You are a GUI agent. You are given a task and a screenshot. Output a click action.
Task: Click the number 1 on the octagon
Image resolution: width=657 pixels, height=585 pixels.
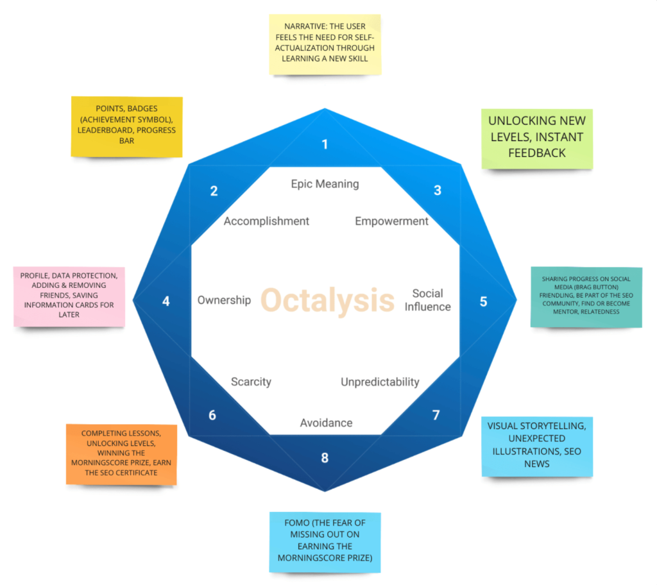click(325, 144)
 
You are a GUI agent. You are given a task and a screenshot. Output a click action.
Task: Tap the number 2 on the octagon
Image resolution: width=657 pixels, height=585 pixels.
click(214, 191)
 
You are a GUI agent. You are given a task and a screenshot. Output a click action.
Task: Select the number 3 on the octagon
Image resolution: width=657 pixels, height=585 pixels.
click(438, 190)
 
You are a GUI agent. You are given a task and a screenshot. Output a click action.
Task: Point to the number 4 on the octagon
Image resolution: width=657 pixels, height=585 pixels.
click(166, 300)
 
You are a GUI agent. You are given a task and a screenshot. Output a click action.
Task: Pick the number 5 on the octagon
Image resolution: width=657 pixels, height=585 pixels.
click(484, 301)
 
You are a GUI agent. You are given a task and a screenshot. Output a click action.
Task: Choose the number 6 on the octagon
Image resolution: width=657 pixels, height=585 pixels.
click(212, 415)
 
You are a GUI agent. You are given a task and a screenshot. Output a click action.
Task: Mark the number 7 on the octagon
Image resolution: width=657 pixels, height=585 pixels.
click(436, 415)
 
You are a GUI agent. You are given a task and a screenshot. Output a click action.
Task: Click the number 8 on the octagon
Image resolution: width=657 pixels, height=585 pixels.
click(325, 457)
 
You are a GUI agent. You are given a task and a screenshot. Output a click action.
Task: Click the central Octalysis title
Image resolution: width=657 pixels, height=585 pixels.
click(327, 300)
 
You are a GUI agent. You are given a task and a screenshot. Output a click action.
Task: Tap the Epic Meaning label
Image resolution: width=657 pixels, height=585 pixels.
click(325, 184)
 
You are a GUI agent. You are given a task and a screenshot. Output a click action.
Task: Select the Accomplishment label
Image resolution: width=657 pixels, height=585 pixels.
click(266, 221)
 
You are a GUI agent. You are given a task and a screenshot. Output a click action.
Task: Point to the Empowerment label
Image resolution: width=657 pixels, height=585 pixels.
click(391, 221)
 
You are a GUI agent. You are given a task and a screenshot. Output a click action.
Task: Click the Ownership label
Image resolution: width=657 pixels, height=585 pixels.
click(224, 300)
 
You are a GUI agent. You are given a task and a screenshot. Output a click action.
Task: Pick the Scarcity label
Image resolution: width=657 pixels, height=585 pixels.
click(251, 382)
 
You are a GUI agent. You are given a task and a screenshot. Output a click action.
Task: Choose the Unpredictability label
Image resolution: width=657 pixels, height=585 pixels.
click(380, 382)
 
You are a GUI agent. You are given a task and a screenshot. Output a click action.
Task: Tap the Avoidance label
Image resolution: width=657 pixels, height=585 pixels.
click(326, 423)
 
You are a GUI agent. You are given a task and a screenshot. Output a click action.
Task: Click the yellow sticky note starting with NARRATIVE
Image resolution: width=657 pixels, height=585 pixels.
click(325, 44)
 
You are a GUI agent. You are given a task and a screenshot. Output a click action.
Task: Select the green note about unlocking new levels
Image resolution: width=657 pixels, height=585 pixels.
click(537, 137)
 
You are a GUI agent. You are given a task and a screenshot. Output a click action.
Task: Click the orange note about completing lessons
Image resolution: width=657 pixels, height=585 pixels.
click(121, 453)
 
